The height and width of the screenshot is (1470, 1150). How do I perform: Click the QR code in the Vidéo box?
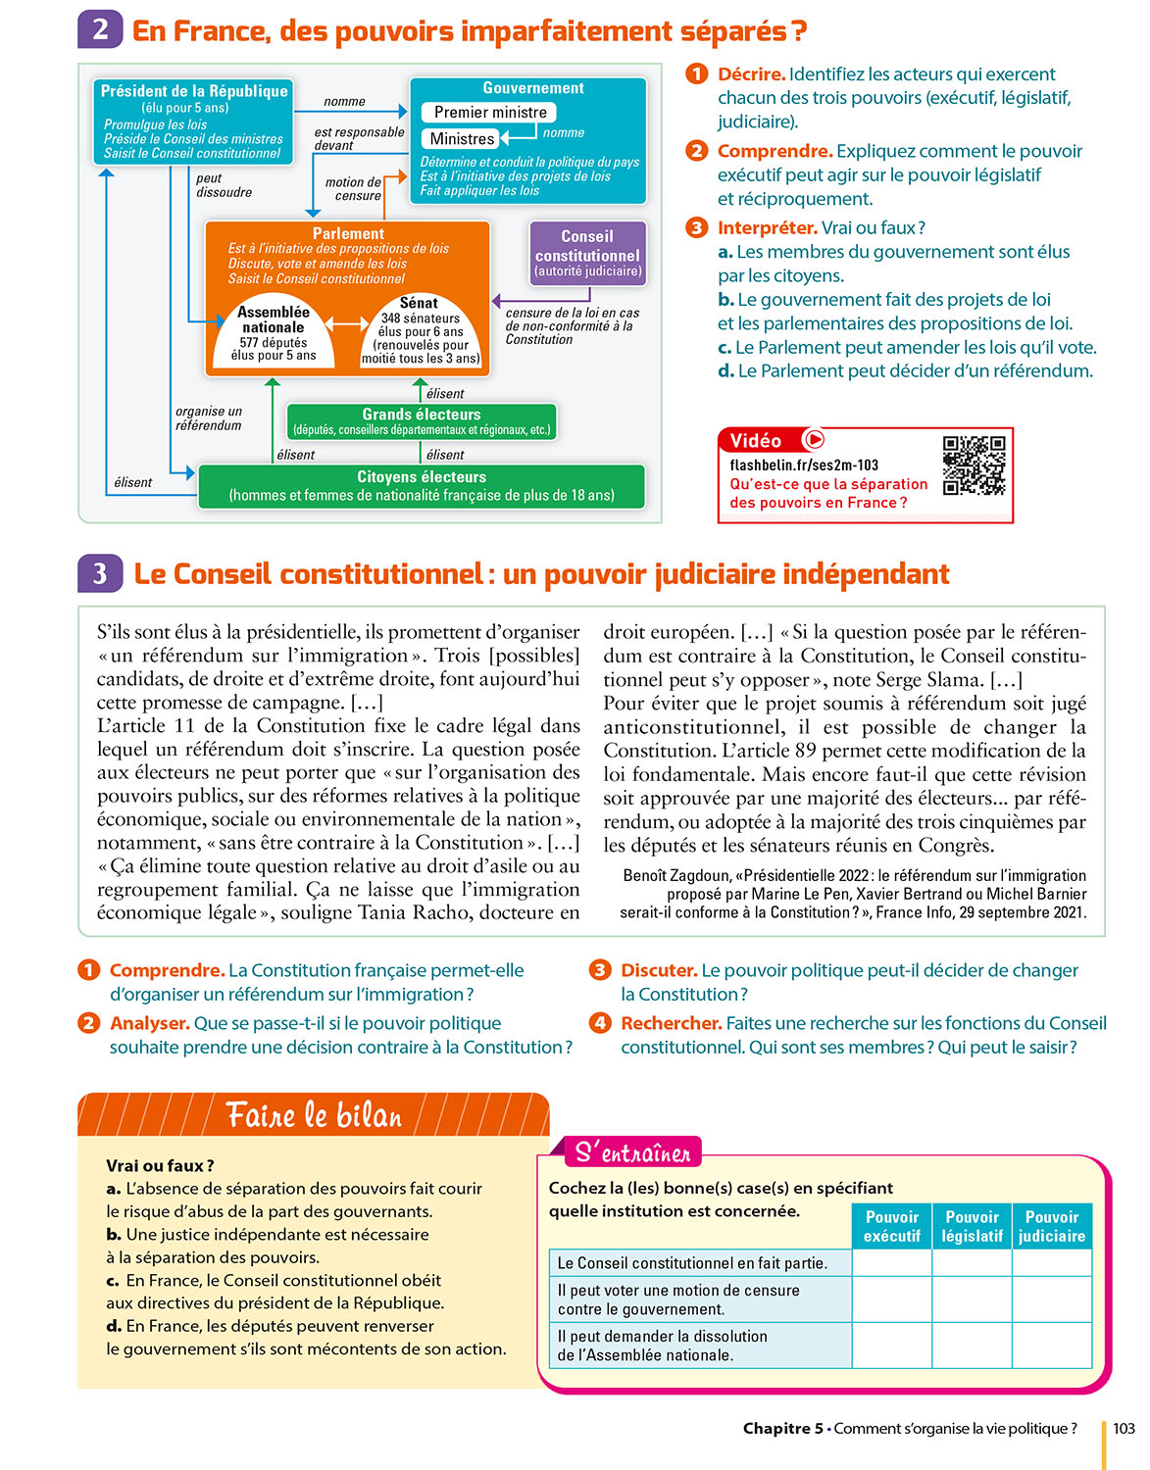click(x=974, y=465)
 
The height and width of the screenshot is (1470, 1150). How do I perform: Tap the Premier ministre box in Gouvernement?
click(x=489, y=113)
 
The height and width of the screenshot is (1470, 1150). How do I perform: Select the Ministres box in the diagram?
click(x=462, y=139)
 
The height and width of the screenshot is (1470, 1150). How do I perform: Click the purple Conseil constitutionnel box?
click(x=587, y=254)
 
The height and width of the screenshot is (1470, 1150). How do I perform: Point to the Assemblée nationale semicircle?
click(x=274, y=334)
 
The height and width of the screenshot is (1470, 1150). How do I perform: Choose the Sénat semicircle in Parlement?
click(x=420, y=332)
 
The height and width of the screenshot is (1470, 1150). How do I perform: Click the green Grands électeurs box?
click(x=422, y=421)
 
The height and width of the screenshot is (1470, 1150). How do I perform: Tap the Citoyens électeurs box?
click(x=422, y=485)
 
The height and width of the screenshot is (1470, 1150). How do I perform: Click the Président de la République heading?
click(x=194, y=91)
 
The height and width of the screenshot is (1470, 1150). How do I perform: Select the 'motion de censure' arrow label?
click(x=354, y=188)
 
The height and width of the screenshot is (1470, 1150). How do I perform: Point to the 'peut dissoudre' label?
click(x=224, y=185)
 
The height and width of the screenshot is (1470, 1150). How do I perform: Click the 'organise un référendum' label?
click(x=209, y=418)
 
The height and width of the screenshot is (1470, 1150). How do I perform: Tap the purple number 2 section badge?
click(x=100, y=29)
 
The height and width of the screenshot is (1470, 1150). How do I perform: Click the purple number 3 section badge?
click(x=100, y=573)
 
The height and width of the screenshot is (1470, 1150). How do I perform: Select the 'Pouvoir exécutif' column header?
click(x=891, y=1226)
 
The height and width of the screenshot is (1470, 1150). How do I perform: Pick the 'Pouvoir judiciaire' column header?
click(x=1052, y=1226)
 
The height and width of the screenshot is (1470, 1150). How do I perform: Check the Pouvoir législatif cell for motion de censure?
click(x=972, y=1299)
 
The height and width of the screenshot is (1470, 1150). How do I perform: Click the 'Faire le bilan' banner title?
click(x=314, y=1115)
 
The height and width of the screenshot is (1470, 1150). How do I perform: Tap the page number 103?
click(x=1124, y=1428)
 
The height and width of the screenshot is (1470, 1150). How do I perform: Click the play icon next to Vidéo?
click(x=814, y=440)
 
